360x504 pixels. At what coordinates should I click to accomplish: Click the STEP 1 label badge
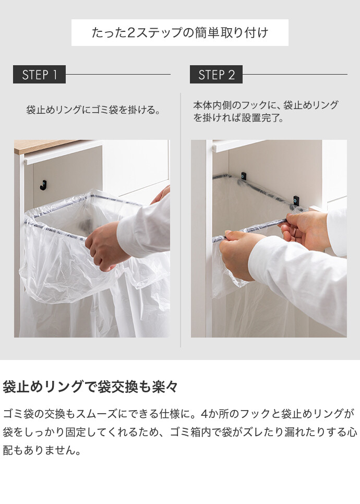tap(39, 74)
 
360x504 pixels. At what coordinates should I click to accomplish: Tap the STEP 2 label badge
tap(216, 74)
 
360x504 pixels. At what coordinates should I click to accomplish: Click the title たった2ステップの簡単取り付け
tap(179, 32)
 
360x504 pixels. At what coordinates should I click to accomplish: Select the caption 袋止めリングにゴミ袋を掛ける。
tap(93, 110)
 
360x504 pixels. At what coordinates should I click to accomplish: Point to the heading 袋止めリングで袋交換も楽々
tap(90, 387)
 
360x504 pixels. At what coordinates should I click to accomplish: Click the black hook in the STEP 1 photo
tap(43, 185)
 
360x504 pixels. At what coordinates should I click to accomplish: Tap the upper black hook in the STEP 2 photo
tap(244, 176)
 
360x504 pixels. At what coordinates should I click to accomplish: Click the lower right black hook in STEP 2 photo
tap(296, 200)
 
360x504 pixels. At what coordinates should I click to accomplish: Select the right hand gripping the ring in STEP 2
tap(305, 230)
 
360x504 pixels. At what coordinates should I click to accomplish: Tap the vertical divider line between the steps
tap(181, 220)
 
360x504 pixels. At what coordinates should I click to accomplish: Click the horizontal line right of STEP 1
tap(118, 74)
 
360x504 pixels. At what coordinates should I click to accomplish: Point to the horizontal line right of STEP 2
tap(295, 74)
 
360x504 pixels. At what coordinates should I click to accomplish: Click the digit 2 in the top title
tap(131, 33)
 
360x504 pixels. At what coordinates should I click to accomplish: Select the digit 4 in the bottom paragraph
tap(205, 414)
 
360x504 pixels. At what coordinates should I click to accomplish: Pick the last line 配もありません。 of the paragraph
tap(42, 450)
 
